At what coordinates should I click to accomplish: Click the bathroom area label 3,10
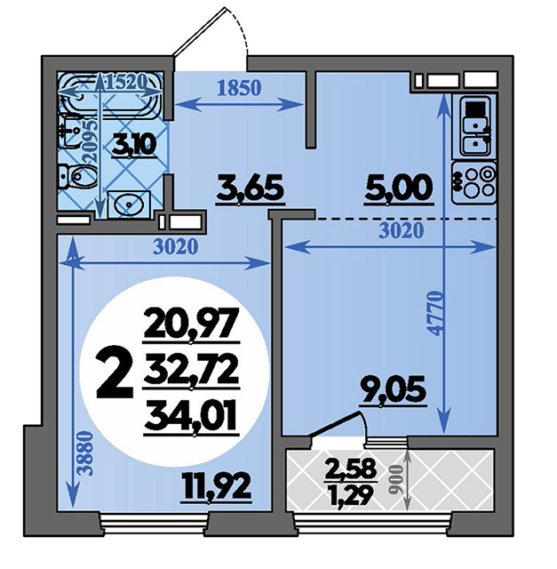[134, 144]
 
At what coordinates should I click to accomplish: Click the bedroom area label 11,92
[218, 489]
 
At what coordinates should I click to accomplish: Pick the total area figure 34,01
[191, 418]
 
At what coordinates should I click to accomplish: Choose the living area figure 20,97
[192, 324]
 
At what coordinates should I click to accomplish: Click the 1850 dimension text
[239, 88]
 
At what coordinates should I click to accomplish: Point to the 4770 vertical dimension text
[435, 313]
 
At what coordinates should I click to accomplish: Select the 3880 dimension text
[86, 454]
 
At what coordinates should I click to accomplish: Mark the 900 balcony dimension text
[397, 479]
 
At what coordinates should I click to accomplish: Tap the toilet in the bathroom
[77, 176]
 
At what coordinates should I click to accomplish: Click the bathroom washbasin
[129, 204]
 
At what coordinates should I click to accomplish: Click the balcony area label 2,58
[350, 470]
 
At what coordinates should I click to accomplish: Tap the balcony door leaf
[336, 424]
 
